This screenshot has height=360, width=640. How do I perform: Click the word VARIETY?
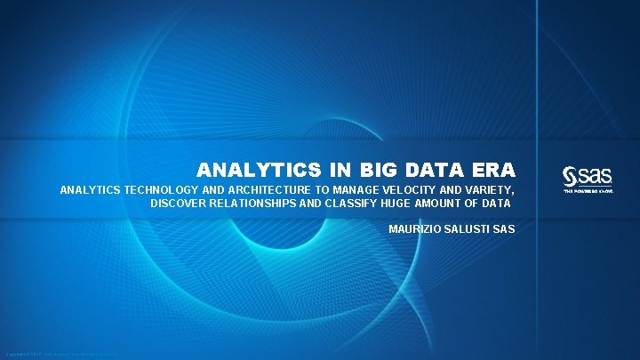(484, 190)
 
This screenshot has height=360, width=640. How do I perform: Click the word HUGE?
(405, 204)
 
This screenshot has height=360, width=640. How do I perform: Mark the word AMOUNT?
(451, 204)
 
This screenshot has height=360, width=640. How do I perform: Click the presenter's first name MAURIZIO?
(413, 229)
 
